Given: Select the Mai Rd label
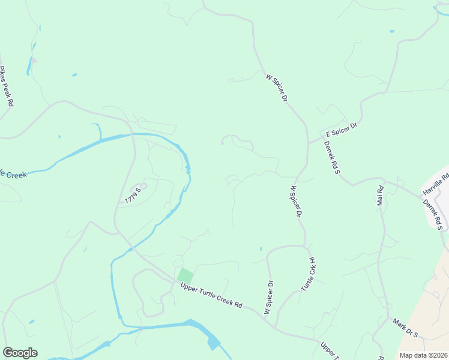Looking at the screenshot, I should (x=379, y=196).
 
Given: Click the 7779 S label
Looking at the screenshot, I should (x=133, y=194).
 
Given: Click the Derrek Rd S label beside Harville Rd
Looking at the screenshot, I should (x=433, y=215).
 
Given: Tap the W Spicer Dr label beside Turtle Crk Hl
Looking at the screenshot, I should (x=268, y=297).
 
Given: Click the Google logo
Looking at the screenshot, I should (x=20, y=353).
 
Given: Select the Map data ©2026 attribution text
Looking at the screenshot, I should (x=423, y=355).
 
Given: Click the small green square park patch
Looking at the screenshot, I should (x=185, y=276).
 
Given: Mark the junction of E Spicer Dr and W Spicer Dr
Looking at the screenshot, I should (x=308, y=142).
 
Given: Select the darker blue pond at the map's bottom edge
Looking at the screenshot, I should (x=212, y=343).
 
